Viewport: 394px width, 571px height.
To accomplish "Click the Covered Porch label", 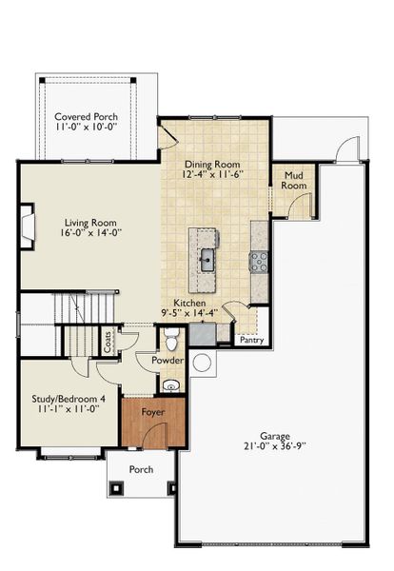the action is click(x=87, y=117).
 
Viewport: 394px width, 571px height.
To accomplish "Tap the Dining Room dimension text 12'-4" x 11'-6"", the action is click(x=212, y=174).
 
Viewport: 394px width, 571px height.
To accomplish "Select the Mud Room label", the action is click(x=294, y=181).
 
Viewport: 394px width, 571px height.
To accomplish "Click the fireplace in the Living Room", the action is click(x=28, y=226).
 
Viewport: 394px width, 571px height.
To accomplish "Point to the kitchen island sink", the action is click(x=207, y=260).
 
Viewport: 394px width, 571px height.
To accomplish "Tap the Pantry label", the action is click(x=252, y=340).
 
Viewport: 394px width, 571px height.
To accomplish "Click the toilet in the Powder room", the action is click(x=170, y=340).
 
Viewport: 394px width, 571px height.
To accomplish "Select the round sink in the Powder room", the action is click(x=170, y=385).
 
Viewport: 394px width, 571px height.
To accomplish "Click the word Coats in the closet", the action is click(x=108, y=342).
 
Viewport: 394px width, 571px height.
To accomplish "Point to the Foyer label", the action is click(x=153, y=412).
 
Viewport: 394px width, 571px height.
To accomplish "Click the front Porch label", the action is click(x=141, y=470).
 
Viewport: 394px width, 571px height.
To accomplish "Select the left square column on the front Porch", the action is click(x=117, y=487).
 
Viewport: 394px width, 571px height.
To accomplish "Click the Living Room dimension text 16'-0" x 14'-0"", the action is click(x=90, y=232).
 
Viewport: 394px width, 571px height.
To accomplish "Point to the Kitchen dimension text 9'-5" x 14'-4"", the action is click(x=189, y=312).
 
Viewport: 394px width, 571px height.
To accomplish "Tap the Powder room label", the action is click(x=167, y=361).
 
